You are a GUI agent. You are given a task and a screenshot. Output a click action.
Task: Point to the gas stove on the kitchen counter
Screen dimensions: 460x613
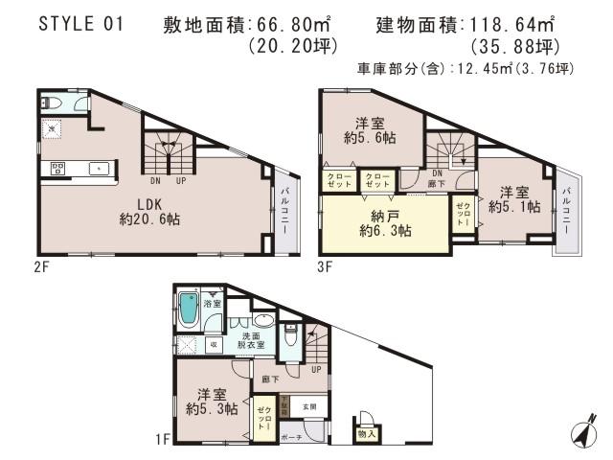click(x=57, y=170)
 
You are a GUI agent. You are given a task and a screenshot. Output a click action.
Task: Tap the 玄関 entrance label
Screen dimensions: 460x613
click(x=309, y=406)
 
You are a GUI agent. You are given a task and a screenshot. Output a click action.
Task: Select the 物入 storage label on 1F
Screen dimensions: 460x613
click(x=367, y=434)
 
